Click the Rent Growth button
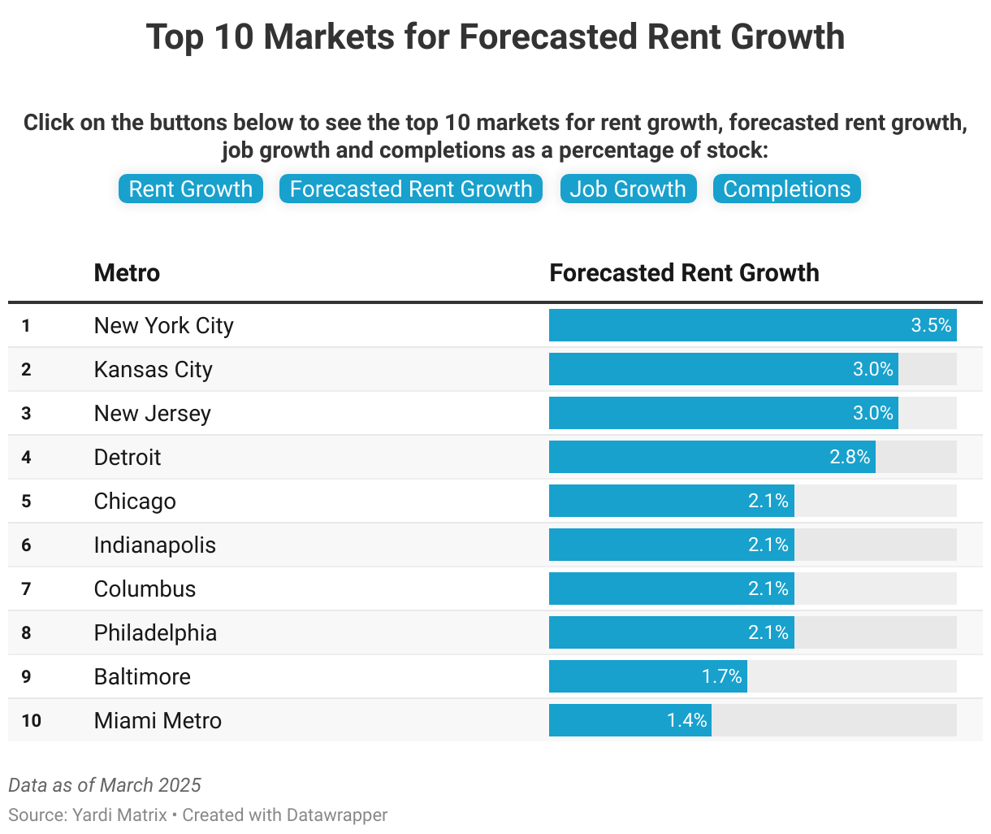click(191, 189)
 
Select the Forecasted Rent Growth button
click(411, 189)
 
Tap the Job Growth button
click(628, 189)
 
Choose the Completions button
click(786, 189)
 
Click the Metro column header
click(127, 273)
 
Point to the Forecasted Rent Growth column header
click(684, 273)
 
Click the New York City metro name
click(163, 326)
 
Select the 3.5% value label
click(931, 326)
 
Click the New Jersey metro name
click(152, 414)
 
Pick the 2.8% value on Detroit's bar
click(850, 458)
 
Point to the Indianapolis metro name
click(154, 545)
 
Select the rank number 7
click(26, 589)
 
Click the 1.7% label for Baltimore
click(721, 677)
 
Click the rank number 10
click(31, 721)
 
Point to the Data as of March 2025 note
click(105, 785)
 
